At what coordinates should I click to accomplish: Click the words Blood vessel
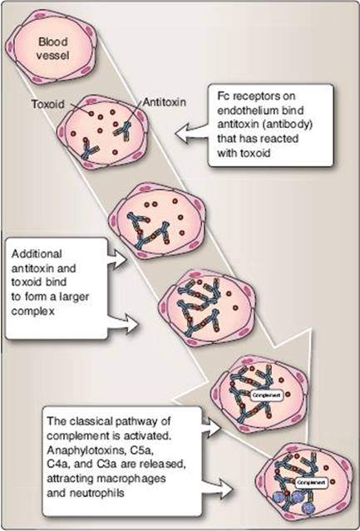tap(53, 48)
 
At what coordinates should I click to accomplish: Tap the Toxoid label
tap(48, 104)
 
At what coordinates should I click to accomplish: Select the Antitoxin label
tap(165, 101)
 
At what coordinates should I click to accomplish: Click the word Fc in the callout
tap(223, 96)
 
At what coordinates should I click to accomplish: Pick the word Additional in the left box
tap(37, 253)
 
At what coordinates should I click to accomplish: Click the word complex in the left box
tap(33, 312)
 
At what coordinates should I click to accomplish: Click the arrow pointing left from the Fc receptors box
tap(192, 133)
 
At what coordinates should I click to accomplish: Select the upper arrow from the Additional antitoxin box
tap(117, 260)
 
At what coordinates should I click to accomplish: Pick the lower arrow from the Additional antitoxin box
tap(123, 324)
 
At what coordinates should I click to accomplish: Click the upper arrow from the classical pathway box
tap(211, 427)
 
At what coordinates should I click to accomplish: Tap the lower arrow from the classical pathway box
tap(218, 487)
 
